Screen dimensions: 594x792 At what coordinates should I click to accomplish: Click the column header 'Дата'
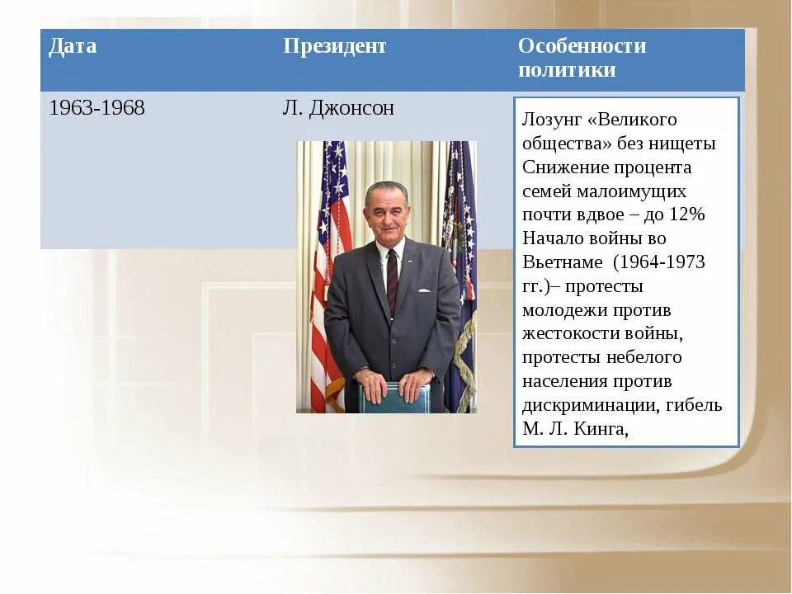[x=73, y=46]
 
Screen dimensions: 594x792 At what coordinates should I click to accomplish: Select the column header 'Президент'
[x=334, y=46]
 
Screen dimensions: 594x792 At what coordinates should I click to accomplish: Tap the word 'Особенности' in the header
[x=582, y=46]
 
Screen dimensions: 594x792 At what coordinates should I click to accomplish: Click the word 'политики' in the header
[x=567, y=70]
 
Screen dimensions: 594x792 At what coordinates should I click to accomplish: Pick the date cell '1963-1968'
[x=97, y=108]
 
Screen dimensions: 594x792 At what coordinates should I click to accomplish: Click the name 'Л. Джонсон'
[x=338, y=108]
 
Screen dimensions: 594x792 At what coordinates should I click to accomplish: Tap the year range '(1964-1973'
[x=658, y=262]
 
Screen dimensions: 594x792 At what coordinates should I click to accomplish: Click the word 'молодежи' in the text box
[x=567, y=310]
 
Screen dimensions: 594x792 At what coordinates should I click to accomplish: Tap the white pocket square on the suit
[x=423, y=290]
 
